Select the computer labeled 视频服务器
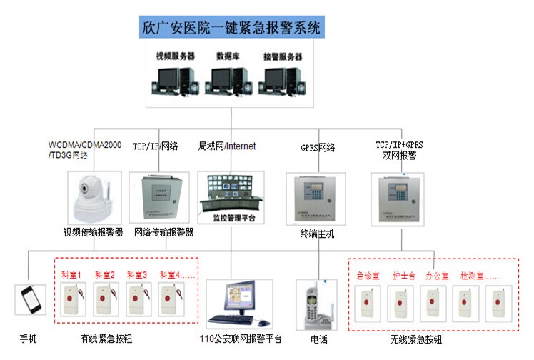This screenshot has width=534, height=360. pyautogui.click(x=173, y=79)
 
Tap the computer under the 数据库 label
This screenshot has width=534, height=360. pyautogui.click(x=229, y=79)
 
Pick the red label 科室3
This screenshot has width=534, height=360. pyautogui.click(x=137, y=274)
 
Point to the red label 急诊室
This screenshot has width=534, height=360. pyautogui.click(x=368, y=274)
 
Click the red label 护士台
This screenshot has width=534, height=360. pyautogui.click(x=402, y=274)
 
